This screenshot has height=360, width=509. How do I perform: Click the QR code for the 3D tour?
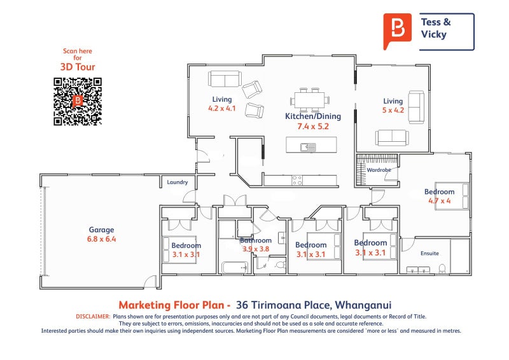pos(78,101)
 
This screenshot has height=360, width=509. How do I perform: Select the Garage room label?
pos(101,230)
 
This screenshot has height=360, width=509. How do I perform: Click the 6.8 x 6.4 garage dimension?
pos(101,239)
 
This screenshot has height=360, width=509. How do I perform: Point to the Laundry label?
pos(177,183)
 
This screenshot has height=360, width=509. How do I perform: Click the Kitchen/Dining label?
pos(313,116)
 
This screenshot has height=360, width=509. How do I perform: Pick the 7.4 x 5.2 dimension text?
pos(313,126)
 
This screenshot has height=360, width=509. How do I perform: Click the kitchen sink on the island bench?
pos(309,148)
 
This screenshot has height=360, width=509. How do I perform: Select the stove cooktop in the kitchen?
pos(297,180)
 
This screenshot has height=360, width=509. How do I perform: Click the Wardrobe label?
pos(378,170)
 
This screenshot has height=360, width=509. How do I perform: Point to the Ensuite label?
pos(430,253)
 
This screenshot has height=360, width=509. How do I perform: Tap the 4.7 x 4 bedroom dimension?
pos(440,201)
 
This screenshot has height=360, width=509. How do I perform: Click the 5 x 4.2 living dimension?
pos(393,110)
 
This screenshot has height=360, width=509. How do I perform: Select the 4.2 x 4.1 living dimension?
pos(222,108)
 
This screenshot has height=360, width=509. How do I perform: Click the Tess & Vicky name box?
pos(446,31)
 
